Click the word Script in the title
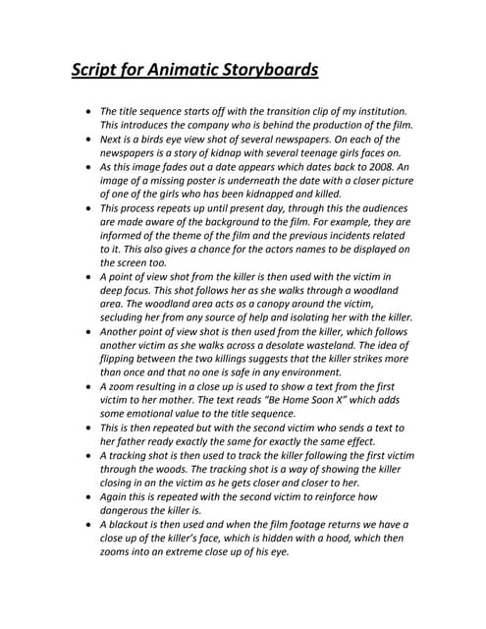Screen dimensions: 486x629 click(x=95, y=71)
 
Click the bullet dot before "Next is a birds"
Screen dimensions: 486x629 click(x=89, y=140)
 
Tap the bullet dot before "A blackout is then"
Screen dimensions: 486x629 click(x=89, y=525)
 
